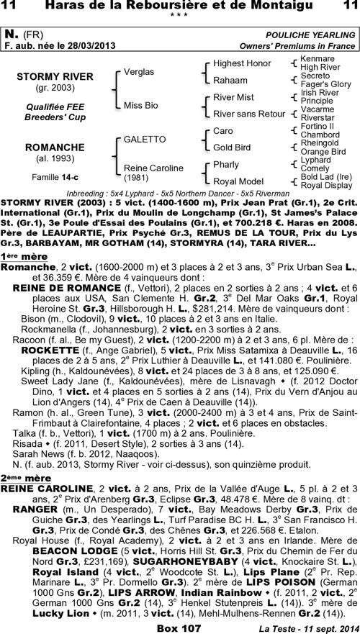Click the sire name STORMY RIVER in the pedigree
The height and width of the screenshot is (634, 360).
click(x=55, y=76)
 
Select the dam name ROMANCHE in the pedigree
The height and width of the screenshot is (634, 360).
click(x=55, y=148)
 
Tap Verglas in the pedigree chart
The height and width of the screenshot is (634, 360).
click(x=139, y=72)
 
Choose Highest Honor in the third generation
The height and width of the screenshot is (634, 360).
click(x=242, y=63)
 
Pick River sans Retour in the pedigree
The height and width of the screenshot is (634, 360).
click(x=249, y=114)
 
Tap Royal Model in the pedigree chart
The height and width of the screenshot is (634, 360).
click(x=236, y=181)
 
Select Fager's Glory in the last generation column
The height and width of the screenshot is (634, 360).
click(x=325, y=84)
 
